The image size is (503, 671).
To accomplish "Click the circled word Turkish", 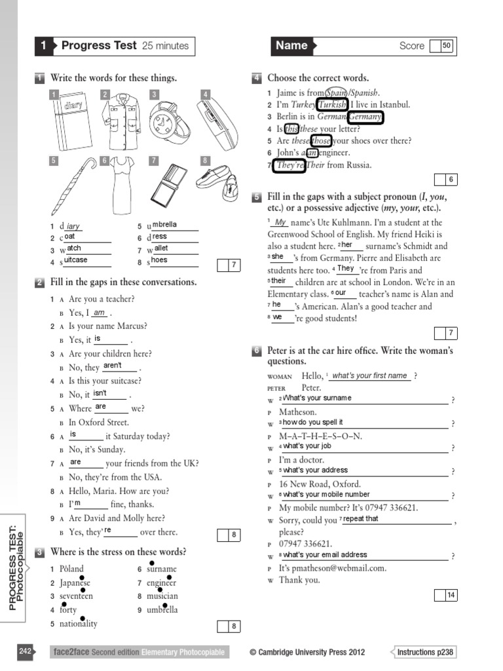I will [331, 105].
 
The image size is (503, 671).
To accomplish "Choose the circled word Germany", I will [365, 117].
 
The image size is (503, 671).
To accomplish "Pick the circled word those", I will [320, 140].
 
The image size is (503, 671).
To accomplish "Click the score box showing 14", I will [451, 595].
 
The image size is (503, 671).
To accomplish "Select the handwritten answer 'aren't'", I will [113, 366].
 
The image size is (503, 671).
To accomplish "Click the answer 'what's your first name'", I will [369, 375].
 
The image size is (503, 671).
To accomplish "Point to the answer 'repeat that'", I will [361, 518].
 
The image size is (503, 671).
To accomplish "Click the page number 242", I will [26, 651].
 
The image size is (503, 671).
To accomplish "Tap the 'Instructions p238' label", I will [425, 652].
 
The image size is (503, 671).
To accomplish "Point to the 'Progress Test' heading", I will [99, 46].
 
